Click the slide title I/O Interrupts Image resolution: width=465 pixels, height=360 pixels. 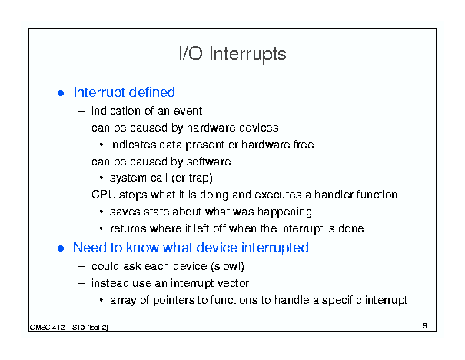(x=232, y=54)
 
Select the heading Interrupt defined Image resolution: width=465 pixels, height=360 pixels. (x=124, y=92)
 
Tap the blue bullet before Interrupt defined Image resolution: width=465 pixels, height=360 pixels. (x=61, y=93)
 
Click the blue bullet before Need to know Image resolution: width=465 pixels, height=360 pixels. (x=61, y=248)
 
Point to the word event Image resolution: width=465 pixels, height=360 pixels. (x=188, y=111)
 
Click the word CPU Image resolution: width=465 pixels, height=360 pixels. (x=104, y=195)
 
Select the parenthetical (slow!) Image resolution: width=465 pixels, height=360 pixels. (x=228, y=266)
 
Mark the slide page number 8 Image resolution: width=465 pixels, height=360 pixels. (x=425, y=326)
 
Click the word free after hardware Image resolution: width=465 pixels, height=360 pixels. (x=304, y=145)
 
